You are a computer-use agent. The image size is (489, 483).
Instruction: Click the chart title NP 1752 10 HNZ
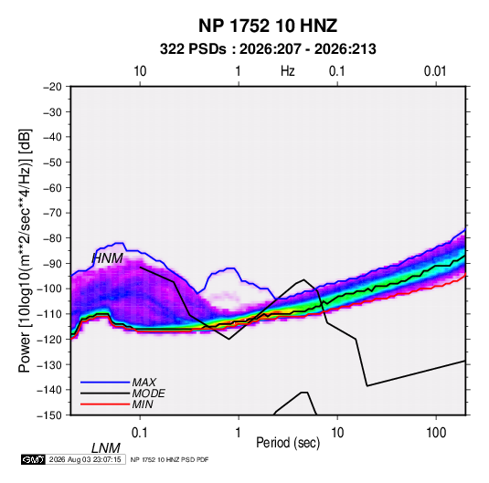268,26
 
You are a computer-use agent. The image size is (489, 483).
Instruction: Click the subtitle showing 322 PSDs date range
268,49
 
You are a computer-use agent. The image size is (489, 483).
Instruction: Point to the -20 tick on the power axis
52,87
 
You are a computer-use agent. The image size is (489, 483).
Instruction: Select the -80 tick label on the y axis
52,238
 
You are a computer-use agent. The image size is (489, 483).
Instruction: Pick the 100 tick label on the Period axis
436,433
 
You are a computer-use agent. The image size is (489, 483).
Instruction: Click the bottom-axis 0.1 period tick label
140,433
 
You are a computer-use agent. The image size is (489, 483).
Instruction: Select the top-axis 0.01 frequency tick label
435,71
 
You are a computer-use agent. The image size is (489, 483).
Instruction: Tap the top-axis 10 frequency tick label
140,71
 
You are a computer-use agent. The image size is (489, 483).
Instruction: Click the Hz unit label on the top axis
288,71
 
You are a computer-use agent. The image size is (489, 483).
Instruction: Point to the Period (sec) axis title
288,443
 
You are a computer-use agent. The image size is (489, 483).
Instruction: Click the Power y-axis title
25,250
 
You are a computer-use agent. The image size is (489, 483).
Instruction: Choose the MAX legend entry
144,383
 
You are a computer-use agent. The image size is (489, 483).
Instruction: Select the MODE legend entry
148,394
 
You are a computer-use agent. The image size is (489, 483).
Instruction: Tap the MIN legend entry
143,404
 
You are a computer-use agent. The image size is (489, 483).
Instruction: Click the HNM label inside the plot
108,258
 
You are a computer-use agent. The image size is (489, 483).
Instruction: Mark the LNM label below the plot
106,448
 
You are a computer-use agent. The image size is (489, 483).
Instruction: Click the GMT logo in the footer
34,459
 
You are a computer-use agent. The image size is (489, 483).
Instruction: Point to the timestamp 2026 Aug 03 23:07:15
85,459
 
